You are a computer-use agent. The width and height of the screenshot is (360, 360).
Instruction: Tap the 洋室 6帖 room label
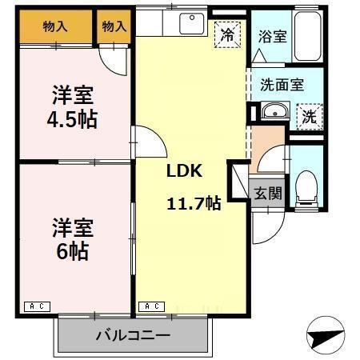pyautogui.click(x=73, y=238)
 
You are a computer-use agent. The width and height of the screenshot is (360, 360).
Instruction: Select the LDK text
pyautogui.click(x=184, y=170)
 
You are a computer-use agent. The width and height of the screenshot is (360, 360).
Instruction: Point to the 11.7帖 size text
pyautogui.click(x=194, y=202)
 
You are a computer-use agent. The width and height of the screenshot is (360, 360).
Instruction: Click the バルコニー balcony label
pyautogui.click(x=133, y=334)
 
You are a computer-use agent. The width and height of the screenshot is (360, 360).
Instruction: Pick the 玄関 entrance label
pyautogui.click(x=267, y=193)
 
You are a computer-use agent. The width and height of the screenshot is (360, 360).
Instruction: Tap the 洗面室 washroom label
pyautogui.click(x=279, y=85)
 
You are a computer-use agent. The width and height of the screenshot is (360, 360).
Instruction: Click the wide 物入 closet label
pyautogui.click(x=54, y=26)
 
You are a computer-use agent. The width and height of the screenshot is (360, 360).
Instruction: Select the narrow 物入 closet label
pyautogui.click(x=114, y=26)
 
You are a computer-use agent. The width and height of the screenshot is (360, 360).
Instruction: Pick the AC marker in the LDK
pyautogui.click(x=153, y=306)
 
